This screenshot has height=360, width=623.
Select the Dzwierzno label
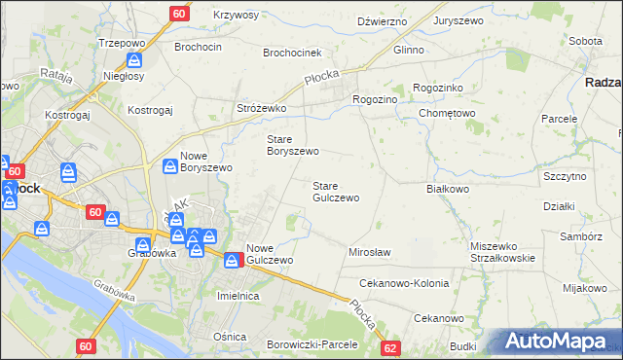click(x=382, y=20)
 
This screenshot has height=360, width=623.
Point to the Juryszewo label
click(x=460, y=20)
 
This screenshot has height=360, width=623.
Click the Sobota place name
click(x=585, y=42)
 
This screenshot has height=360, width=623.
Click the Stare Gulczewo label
click(x=336, y=191)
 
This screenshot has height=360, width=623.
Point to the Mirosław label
click(x=369, y=252)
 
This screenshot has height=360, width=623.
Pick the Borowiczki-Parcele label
click(x=311, y=344)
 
